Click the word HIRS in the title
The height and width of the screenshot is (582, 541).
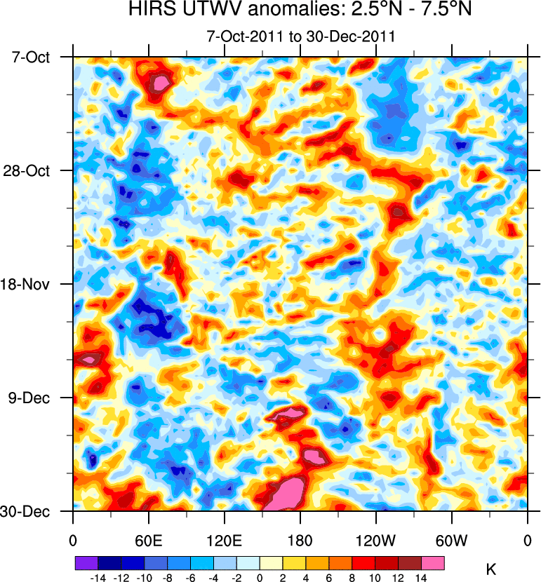[x=149, y=11]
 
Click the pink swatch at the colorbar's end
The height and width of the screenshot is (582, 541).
[x=434, y=562]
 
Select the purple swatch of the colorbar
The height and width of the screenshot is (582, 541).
[x=86, y=562]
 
